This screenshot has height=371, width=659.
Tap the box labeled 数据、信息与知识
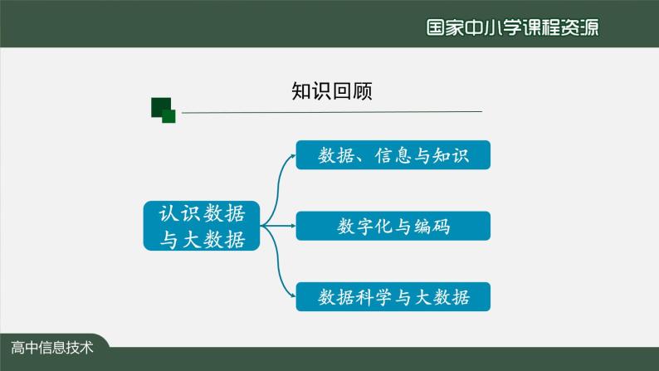pyautogui.click(x=393, y=154)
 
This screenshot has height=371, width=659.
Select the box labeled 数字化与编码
pyautogui.click(x=393, y=226)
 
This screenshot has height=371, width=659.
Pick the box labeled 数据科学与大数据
pyautogui.click(x=393, y=296)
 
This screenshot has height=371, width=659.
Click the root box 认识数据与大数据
pyautogui.click(x=202, y=226)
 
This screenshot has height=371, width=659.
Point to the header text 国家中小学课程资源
pyautogui.click(x=512, y=27)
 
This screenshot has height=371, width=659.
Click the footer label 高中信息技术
pyautogui.click(x=53, y=347)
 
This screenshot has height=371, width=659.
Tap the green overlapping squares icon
pyautogui.click(x=163, y=110)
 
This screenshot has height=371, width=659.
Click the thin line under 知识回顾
pyautogui.click(x=332, y=111)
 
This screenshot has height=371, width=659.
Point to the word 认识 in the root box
pyautogui.click(x=178, y=213)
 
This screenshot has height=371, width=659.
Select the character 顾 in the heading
pyautogui.click(x=363, y=91)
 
